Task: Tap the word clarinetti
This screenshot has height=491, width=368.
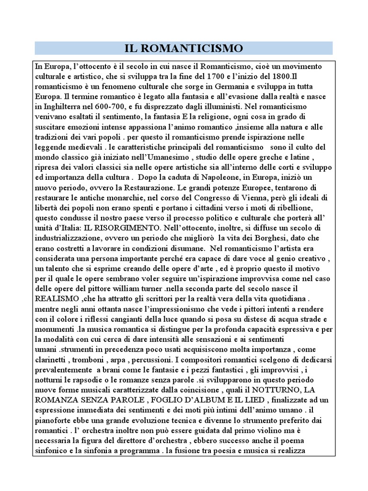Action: (x=52, y=360)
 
